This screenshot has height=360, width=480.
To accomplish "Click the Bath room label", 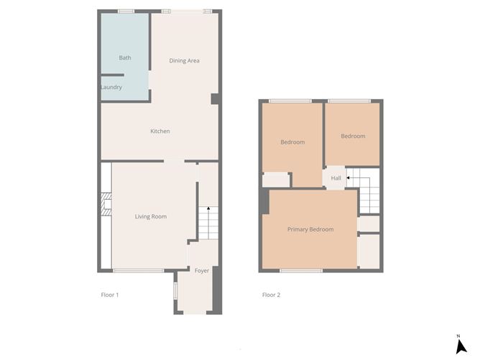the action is [125, 57].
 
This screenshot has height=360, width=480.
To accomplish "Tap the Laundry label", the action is [111, 87].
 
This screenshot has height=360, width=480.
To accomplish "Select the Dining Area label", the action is [184, 60].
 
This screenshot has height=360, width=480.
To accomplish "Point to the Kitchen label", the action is [160, 131].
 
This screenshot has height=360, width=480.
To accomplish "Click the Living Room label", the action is [151, 216].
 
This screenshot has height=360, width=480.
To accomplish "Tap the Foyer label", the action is [202, 271].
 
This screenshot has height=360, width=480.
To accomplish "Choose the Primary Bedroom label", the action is [310, 229].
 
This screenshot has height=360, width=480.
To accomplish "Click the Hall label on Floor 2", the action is [336, 178].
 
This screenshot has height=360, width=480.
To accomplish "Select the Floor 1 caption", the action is [110, 295].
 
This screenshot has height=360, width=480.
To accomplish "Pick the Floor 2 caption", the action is [271, 295].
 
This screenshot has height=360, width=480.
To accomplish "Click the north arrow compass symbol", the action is [461, 346].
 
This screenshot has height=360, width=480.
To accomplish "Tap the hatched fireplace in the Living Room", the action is [106, 204].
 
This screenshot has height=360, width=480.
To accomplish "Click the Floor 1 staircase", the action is [208, 223].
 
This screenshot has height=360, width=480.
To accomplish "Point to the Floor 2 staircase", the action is [363, 190].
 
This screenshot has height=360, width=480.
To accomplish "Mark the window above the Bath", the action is [126, 11].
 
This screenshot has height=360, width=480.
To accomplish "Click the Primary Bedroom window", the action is [301, 271].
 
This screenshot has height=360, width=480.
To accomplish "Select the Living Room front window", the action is [139, 271].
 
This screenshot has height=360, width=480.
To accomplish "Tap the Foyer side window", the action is [175, 290].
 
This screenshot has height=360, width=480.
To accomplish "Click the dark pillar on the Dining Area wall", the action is [215, 99].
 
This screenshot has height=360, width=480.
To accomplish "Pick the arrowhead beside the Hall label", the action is [348, 178].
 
